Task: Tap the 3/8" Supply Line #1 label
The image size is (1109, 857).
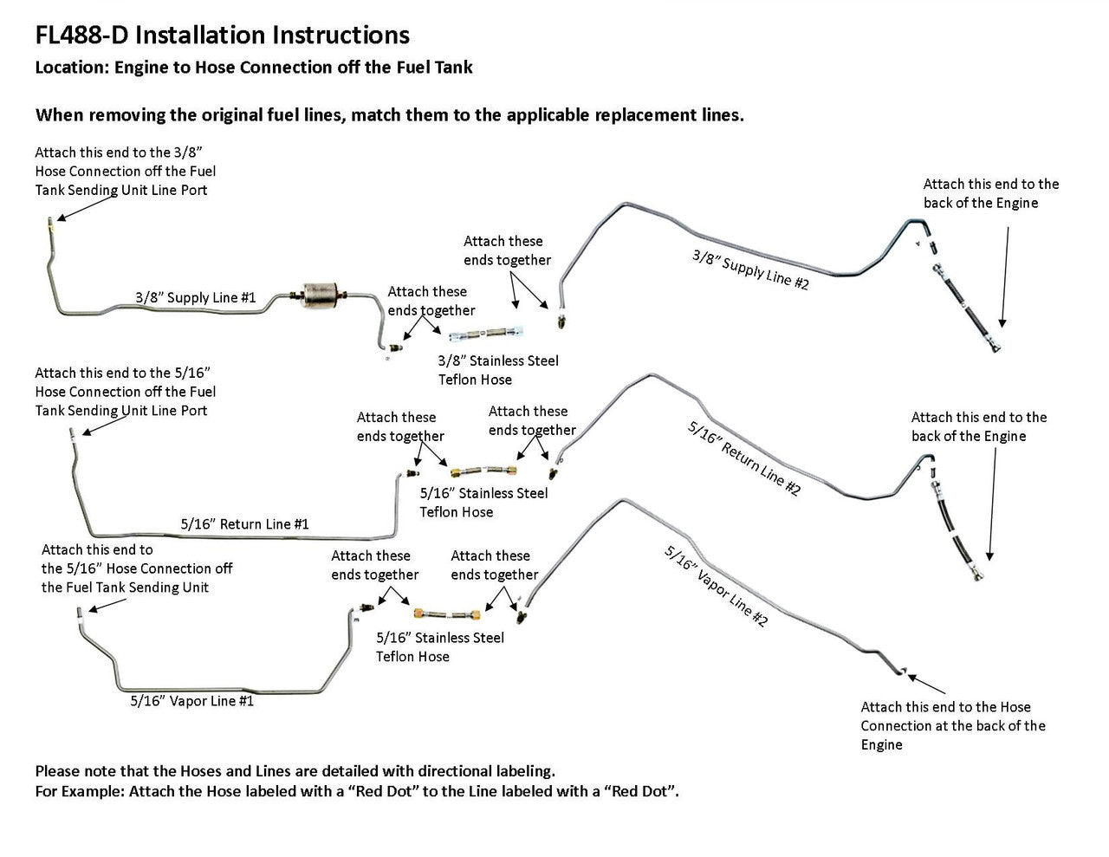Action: pyautogui.click(x=195, y=298)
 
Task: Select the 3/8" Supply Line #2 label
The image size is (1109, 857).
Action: pyautogui.click(x=750, y=269)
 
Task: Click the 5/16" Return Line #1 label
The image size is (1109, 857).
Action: pyautogui.click(x=244, y=524)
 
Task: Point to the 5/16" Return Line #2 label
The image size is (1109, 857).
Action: pyautogui.click(x=743, y=458)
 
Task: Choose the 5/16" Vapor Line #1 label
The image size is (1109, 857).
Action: pyautogui.click(x=192, y=701)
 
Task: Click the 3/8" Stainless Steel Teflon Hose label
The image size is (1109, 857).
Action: pyautogui.click(x=498, y=370)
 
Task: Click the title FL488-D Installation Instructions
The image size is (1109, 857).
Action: pyautogui.click(x=222, y=35)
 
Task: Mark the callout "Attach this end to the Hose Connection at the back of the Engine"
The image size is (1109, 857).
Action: pyautogui.click(x=952, y=726)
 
